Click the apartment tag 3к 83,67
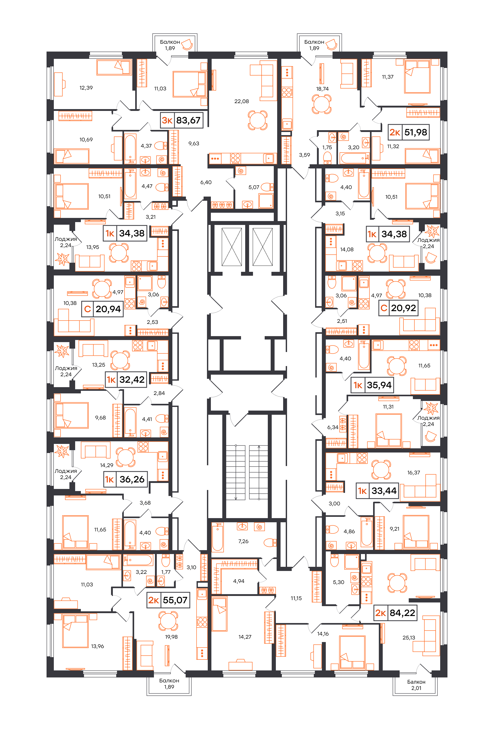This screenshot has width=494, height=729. click(x=181, y=120)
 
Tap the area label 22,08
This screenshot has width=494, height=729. click(x=242, y=101)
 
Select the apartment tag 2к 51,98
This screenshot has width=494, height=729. click(x=408, y=132)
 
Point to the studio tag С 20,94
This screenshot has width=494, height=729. click(x=102, y=309)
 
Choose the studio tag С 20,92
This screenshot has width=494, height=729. click(x=399, y=308)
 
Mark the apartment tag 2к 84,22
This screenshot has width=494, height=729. click(x=395, y=613)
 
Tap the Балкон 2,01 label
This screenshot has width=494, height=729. click(x=416, y=685)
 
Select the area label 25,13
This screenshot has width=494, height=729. click(x=408, y=637)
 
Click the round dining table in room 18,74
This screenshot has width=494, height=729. click(x=321, y=104)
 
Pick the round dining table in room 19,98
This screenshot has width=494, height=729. click(x=168, y=621)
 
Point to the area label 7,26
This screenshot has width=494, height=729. click(x=243, y=541)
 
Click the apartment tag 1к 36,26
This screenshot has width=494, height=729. click(x=125, y=479)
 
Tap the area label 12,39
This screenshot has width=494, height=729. click(x=86, y=88)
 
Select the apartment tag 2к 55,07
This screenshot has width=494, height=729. click(x=168, y=600)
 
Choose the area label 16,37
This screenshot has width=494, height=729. click(x=413, y=472)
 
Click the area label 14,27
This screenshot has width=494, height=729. click(x=245, y=637)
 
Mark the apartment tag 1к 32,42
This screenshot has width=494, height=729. click(x=126, y=380)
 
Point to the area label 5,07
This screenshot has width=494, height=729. click(x=254, y=187)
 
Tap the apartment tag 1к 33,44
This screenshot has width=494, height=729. click(x=378, y=491)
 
